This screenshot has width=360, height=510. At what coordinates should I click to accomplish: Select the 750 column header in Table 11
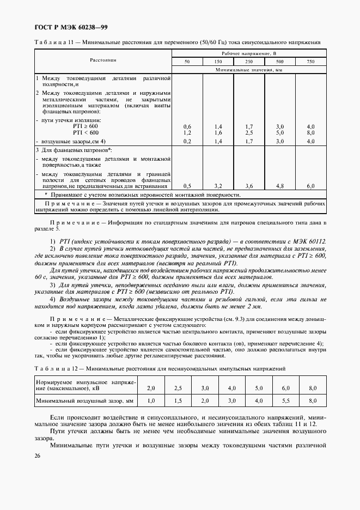point(310,62)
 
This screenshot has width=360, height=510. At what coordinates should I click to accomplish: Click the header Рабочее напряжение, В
point(249,53)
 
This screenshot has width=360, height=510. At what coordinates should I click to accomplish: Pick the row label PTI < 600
point(86,132)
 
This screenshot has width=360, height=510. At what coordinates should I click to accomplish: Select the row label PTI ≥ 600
point(86,126)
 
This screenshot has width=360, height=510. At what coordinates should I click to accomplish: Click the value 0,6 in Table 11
point(187,126)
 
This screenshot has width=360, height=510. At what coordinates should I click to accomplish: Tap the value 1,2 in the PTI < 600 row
point(187,132)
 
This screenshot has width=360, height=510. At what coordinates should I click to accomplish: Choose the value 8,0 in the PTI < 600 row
point(310,132)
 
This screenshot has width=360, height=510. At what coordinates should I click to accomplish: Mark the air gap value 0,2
point(187,141)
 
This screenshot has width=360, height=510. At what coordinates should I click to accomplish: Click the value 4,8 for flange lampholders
point(280,186)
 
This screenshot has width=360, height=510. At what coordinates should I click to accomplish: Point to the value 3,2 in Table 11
point(218,186)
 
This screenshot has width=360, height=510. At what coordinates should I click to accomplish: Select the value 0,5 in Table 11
point(187,186)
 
